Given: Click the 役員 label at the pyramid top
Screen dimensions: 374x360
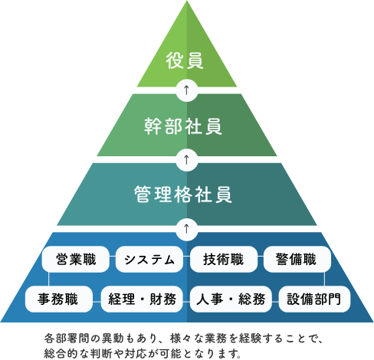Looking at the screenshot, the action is coord(185,61).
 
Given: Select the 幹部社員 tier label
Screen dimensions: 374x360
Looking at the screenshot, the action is coord(183,126).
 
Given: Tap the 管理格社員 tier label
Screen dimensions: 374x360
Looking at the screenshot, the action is coord(183,195).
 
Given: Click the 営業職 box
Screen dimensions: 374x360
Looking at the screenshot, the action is coord(76,259).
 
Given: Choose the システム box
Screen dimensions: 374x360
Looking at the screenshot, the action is coord(149,259).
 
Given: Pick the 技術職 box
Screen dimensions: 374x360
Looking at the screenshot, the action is coord(224,259).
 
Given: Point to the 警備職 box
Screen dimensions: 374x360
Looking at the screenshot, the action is coord(297,259).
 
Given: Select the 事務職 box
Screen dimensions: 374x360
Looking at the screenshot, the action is coord(58,299).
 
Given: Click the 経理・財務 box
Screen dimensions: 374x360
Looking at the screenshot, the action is coord(142,299).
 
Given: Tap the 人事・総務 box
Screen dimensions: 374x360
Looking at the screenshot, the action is coord(231,299).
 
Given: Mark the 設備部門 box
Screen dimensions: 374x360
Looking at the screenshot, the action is coord(314,299).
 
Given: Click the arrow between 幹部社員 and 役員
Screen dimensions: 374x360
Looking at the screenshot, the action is coord(187,90).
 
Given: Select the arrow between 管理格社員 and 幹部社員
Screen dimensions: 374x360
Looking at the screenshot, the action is coord(187,159).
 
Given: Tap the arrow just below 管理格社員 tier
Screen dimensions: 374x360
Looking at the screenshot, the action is coord(187,229).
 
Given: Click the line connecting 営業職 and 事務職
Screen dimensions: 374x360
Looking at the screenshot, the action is coord(48,279).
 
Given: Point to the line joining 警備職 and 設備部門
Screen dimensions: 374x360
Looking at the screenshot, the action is coord(324,279).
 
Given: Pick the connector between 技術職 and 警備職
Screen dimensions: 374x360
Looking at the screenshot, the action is coord(261,257).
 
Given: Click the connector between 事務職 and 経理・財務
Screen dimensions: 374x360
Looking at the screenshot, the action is coord(97,302).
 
